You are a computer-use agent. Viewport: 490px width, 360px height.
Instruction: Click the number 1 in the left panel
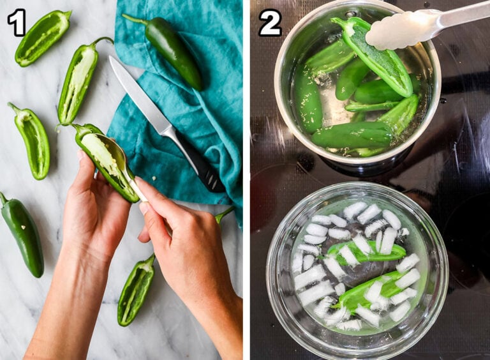(17, 22)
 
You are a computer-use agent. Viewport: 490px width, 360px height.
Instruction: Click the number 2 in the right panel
(270, 23)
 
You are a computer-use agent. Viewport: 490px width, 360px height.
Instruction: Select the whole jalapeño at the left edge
(24, 233)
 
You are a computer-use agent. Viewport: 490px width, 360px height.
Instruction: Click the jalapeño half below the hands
(135, 290)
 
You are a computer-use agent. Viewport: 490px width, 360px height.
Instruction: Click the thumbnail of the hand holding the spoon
(144, 207)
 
